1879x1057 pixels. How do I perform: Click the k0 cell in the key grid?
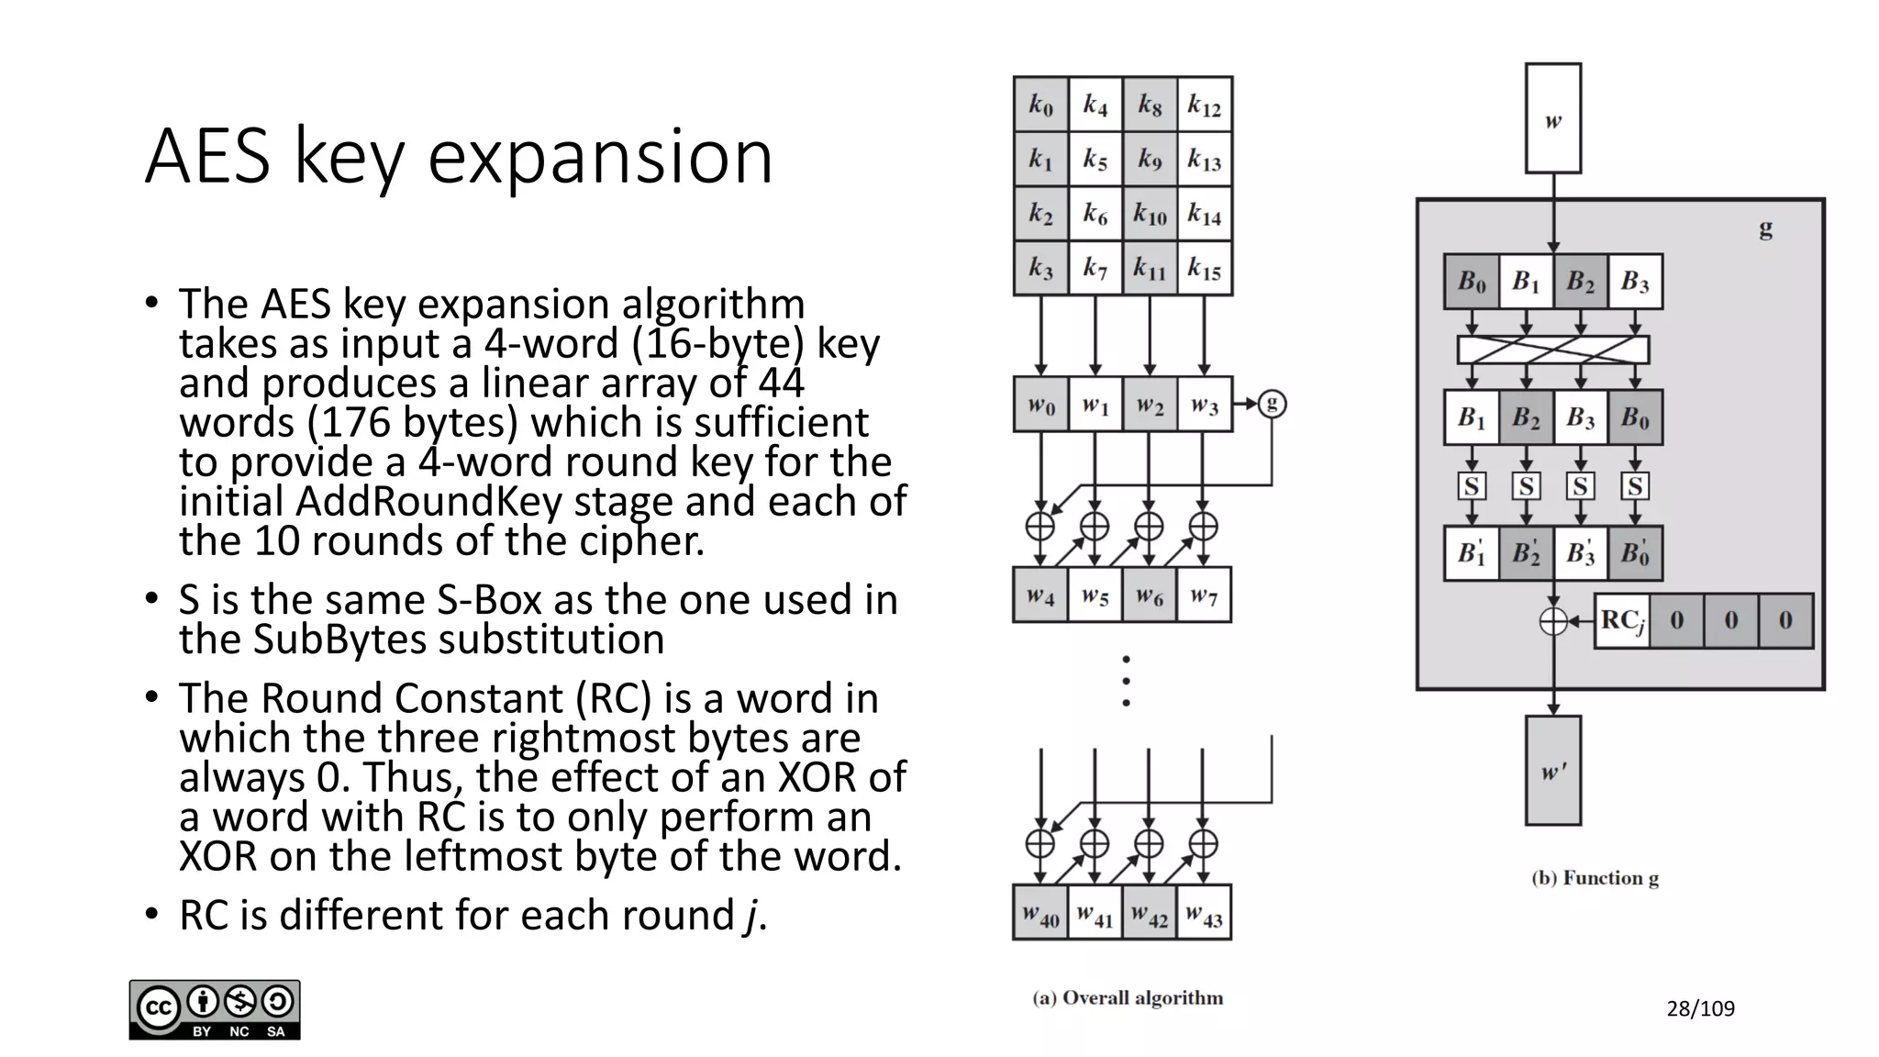(x=1040, y=105)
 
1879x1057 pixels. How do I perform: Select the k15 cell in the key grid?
(x=1204, y=269)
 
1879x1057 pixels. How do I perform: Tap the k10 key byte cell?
(x=1150, y=214)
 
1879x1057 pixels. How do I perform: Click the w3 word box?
(x=1204, y=404)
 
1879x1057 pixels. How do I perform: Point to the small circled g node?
(x=1272, y=404)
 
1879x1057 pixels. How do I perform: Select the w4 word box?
(x=1040, y=595)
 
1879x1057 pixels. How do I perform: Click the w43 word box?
(x=1204, y=913)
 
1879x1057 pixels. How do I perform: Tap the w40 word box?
(x=1040, y=913)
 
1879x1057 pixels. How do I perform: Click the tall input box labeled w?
(x=1552, y=118)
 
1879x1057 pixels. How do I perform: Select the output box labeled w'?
(x=1552, y=771)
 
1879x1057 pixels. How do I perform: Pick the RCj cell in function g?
(x=1622, y=621)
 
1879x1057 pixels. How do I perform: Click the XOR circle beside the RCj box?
(x=1553, y=621)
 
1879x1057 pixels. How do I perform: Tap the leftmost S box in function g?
(x=1472, y=485)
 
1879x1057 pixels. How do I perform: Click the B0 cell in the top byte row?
(x=1472, y=282)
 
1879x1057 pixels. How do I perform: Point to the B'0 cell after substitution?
(x=1635, y=553)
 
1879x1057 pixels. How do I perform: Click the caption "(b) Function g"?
(x=1595, y=878)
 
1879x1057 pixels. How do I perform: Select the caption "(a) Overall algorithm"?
(x=1128, y=997)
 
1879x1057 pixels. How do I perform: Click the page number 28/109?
(x=1700, y=1008)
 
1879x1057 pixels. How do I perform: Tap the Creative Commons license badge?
(x=215, y=1009)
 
